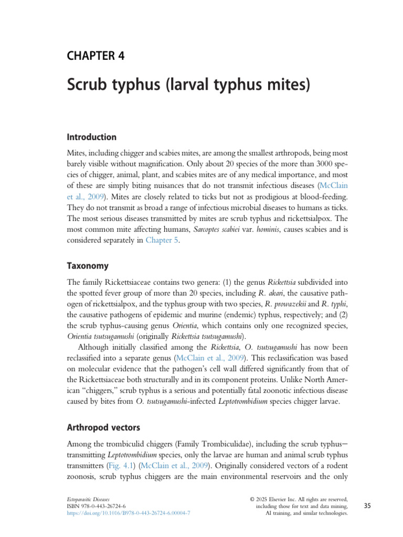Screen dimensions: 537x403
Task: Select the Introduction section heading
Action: click(91, 137)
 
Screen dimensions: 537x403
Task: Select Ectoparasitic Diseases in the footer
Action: click(88, 499)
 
